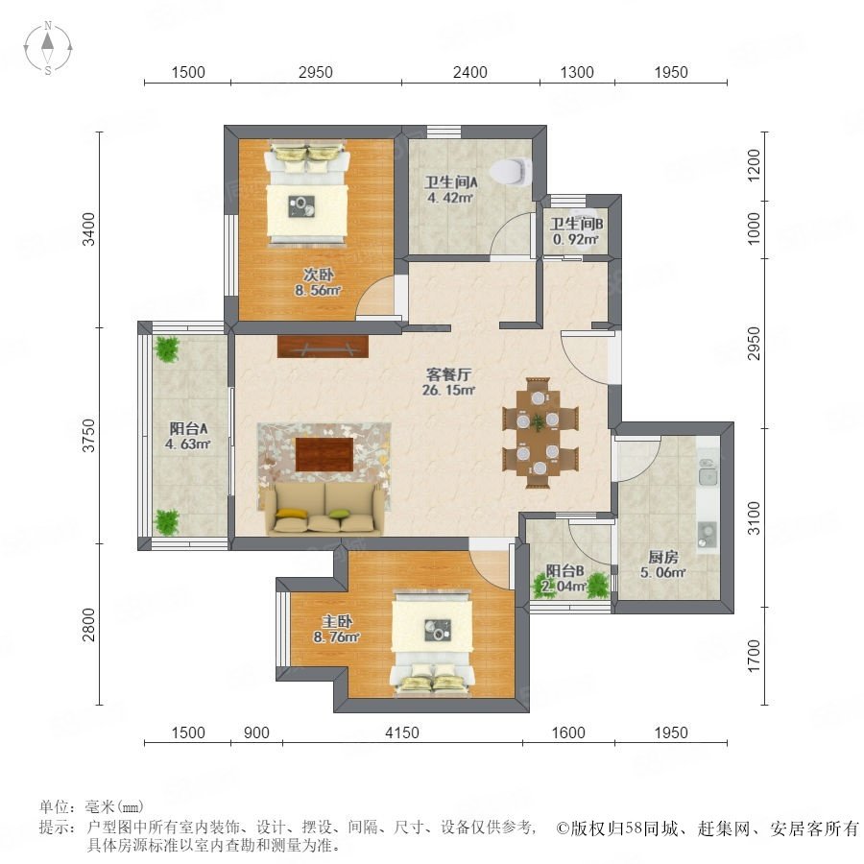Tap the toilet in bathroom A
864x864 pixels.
coord(512,171)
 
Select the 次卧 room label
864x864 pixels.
coord(318,274)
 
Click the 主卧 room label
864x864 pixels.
coord(337,621)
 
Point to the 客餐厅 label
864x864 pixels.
coord(448,374)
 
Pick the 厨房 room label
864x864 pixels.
coord(662,557)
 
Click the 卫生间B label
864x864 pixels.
coord(576,224)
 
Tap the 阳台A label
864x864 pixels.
coord(188,428)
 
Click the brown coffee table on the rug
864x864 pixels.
coord(324,455)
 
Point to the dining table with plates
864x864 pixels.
coord(539,434)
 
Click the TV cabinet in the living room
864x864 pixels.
coord(323,347)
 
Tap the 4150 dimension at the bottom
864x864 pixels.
coord(402,732)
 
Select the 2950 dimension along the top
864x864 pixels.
coord(316,72)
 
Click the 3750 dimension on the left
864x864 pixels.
coord(88,435)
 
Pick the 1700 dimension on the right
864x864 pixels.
coord(754,656)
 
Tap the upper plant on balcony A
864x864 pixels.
coord(166,348)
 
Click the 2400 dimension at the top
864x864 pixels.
coord(470,72)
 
